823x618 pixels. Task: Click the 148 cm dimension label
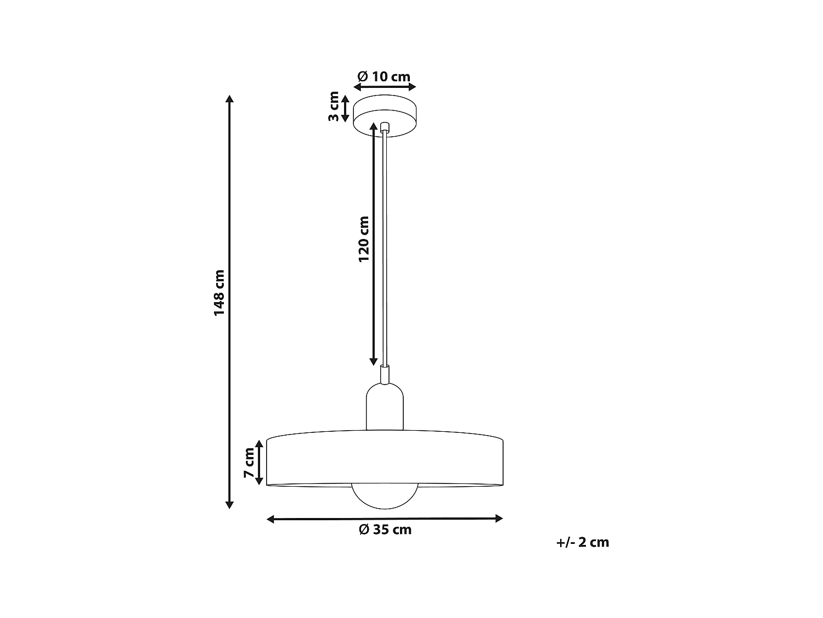click(219, 292)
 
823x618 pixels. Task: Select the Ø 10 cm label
click(384, 76)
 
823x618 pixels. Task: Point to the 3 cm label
click(334, 108)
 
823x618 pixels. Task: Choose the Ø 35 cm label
click(385, 530)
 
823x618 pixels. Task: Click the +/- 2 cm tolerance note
click(583, 542)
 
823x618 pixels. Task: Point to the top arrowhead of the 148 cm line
click(230, 99)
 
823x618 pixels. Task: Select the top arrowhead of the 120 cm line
click(374, 127)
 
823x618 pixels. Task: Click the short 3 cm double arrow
click(345, 108)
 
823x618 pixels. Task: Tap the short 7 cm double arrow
click(260, 462)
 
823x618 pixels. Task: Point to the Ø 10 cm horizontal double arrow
click(385, 87)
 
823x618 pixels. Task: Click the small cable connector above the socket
click(385, 374)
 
